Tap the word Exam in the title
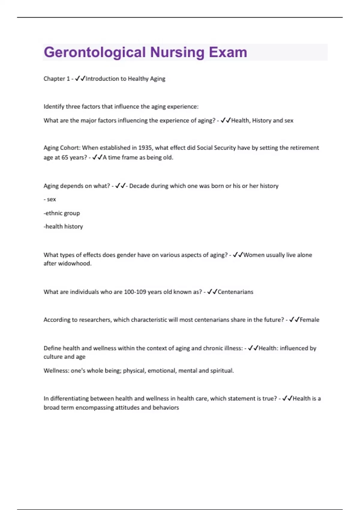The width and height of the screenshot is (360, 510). pos(228,52)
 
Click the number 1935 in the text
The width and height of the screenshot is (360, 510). pos(145,148)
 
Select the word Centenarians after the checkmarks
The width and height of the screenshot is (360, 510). pos(235,292)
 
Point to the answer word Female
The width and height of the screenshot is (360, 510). pos(310,320)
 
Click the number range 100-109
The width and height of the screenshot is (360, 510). pos(135,292)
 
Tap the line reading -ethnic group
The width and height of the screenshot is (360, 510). pos(62,213)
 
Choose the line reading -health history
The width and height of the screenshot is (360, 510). pos(63,226)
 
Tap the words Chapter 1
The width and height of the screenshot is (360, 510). pos(56,79)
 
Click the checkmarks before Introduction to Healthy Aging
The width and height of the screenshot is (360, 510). pos(80,79)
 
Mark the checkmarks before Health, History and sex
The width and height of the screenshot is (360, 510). pos(226,120)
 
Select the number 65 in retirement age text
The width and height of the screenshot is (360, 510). pos(64,157)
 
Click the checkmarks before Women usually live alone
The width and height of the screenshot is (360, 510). pos(238,255)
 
